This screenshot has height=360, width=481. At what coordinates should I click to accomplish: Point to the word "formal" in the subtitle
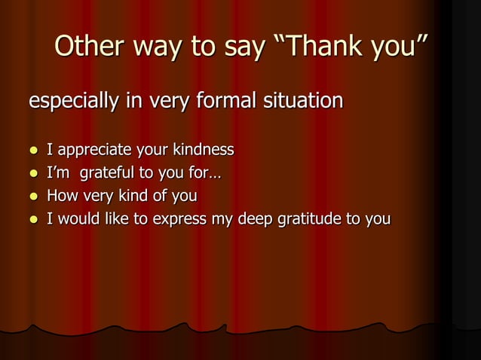(x=224, y=99)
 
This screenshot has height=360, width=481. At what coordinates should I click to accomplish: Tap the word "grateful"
(x=105, y=173)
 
